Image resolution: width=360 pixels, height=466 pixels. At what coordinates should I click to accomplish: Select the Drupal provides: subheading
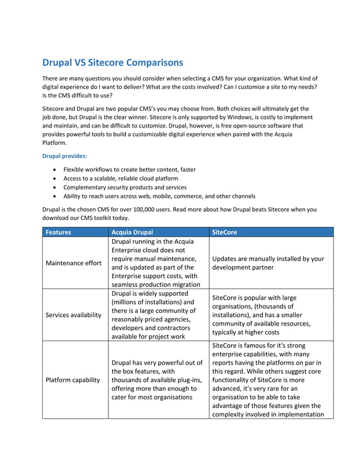[x=65, y=155]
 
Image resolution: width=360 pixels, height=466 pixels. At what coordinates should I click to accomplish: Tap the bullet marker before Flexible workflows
[x=54, y=169]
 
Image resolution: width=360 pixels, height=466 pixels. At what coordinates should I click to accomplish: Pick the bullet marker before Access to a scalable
[x=54, y=178]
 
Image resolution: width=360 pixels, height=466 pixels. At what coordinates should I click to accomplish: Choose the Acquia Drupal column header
[x=132, y=232]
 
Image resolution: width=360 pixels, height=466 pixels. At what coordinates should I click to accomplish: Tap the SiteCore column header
[x=225, y=232]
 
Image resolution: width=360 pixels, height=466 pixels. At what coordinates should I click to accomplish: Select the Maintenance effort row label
[x=73, y=263]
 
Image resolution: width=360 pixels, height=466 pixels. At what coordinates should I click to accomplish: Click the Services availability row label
[x=74, y=315]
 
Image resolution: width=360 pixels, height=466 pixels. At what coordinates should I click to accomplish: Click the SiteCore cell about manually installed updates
[x=268, y=263]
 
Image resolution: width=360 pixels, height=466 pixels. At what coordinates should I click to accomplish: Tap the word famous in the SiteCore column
[x=261, y=345]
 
